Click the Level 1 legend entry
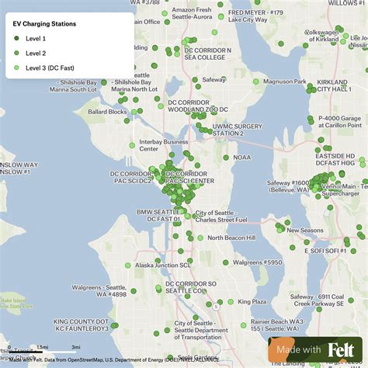click(x=35, y=38)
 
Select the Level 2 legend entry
click(x=35, y=53)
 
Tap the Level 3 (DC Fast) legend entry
click(x=50, y=68)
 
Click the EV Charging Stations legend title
click(x=45, y=24)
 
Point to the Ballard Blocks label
click(x=107, y=112)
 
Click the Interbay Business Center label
click(x=164, y=145)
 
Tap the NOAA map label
click(x=241, y=157)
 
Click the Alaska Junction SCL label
click(x=162, y=265)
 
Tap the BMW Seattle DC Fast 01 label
click(x=158, y=216)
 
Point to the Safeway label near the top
click(x=214, y=79)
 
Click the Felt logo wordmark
click(x=342, y=350)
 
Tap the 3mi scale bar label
click(x=75, y=347)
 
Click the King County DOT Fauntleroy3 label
click(x=81, y=325)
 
